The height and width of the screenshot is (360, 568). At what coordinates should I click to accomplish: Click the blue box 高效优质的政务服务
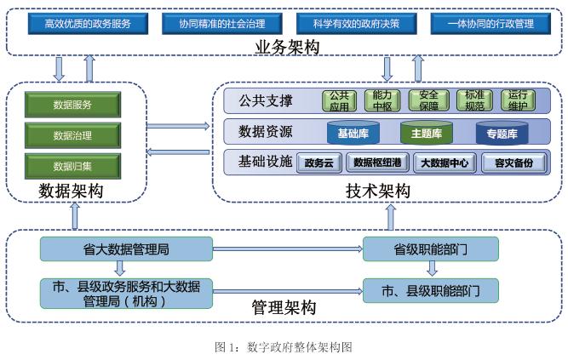tap(88, 24)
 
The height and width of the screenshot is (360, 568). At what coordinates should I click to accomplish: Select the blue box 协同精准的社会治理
tap(222, 24)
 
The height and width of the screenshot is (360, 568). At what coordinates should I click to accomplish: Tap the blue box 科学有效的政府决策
tap(357, 24)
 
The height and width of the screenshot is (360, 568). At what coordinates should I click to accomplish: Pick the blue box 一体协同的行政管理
tap(491, 24)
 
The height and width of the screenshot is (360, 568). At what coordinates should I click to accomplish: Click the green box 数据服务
tap(73, 105)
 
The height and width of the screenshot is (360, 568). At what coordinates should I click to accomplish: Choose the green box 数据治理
tap(73, 135)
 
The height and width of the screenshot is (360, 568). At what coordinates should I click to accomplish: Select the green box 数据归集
tap(73, 166)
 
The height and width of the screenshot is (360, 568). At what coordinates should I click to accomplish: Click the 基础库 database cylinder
tap(353, 133)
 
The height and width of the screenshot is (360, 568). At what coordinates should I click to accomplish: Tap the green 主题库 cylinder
tap(427, 133)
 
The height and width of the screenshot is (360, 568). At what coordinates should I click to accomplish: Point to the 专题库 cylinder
tap(502, 133)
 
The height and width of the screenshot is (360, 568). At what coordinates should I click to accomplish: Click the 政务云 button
tap(319, 163)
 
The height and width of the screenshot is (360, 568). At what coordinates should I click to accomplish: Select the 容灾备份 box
tap(514, 163)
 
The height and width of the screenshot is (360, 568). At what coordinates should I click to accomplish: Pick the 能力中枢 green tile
tap(382, 100)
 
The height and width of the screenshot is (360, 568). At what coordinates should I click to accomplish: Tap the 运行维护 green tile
tap(518, 100)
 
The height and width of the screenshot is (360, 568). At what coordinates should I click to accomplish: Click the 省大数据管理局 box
tap(126, 249)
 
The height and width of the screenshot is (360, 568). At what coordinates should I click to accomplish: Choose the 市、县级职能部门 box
tap(431, 291)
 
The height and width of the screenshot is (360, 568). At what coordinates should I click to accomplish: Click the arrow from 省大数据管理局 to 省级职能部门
tap(288, 249)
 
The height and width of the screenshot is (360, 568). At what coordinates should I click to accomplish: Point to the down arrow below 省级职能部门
tap(432, 268)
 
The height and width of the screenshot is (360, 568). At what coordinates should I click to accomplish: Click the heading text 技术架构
tap(378, 191)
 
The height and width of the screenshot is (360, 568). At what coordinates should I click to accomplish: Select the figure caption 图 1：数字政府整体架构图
tap(284, 347)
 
